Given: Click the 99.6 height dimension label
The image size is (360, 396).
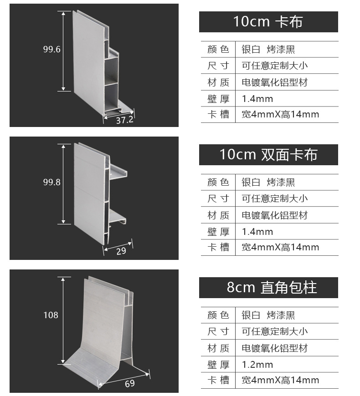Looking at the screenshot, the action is (52, 50).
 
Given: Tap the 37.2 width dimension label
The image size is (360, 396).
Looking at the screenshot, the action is (124, 120).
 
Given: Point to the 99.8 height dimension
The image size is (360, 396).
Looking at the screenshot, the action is (52, 182).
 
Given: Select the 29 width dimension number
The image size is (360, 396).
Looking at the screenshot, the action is (121, 251).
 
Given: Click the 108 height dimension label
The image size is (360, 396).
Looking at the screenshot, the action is (51, 315).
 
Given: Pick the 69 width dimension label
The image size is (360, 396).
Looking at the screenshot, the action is (130, 383).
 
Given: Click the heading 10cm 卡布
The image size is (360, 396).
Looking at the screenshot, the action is (268, 21).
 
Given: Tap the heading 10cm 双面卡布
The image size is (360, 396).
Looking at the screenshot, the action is (268, 154).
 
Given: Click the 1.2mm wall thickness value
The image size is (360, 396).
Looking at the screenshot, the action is (257, 365).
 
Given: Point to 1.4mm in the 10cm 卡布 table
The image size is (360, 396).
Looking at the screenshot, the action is (257, 99).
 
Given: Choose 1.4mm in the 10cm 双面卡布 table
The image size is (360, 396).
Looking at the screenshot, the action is (257, 232).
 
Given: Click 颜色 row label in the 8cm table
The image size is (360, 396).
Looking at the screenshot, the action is (218, 315).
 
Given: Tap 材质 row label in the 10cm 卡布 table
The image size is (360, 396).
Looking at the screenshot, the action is (218, 82).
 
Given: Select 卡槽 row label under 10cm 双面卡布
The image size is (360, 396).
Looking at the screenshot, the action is (218, 247).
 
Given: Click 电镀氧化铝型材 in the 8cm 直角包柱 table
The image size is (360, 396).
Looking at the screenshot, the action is (274, 348).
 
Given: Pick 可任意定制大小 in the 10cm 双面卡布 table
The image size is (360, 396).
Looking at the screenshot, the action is (274, 198).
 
